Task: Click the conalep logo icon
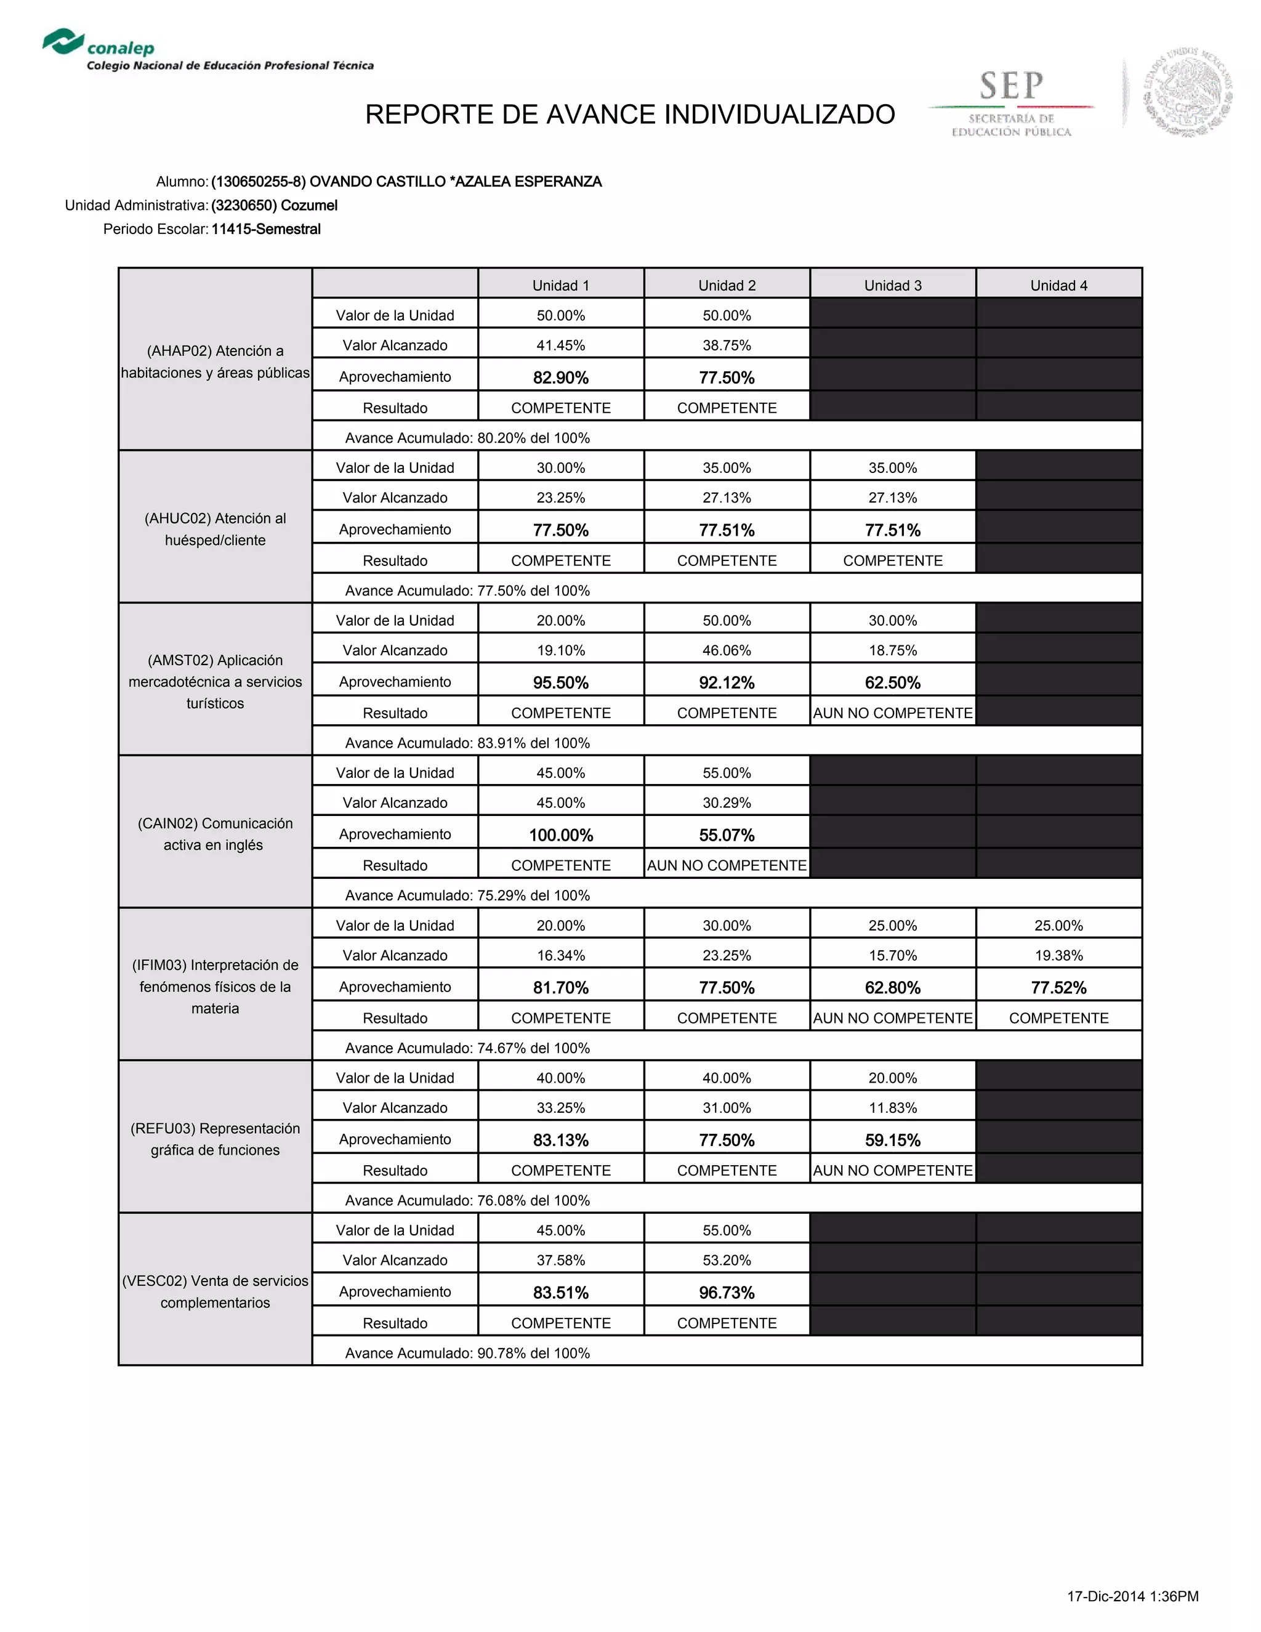[x=63, y=42]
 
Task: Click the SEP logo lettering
[x=1012, y=86]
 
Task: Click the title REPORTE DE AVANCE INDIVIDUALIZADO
[x=630, y=115]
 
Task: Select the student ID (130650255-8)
[x=259, y=182]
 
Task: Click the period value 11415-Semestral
[x=266, y=230]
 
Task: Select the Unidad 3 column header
[x=893, y=286]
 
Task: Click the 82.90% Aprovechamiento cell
[x=561, y=378]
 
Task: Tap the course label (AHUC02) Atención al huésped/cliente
[x=215, y=529]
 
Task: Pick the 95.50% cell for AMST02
[x=561, y=682]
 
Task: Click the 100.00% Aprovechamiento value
[x=561, y=834]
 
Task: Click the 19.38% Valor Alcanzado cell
[x=1058, y=955]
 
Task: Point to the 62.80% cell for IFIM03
[x=893, y=987]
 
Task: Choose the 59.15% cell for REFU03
[x=893, y=1139]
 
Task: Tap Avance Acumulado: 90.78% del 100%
[x=468, y=1353]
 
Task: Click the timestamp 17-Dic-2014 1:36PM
[x=1132, y=1596]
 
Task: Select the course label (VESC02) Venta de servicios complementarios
[x=215, y=1291]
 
